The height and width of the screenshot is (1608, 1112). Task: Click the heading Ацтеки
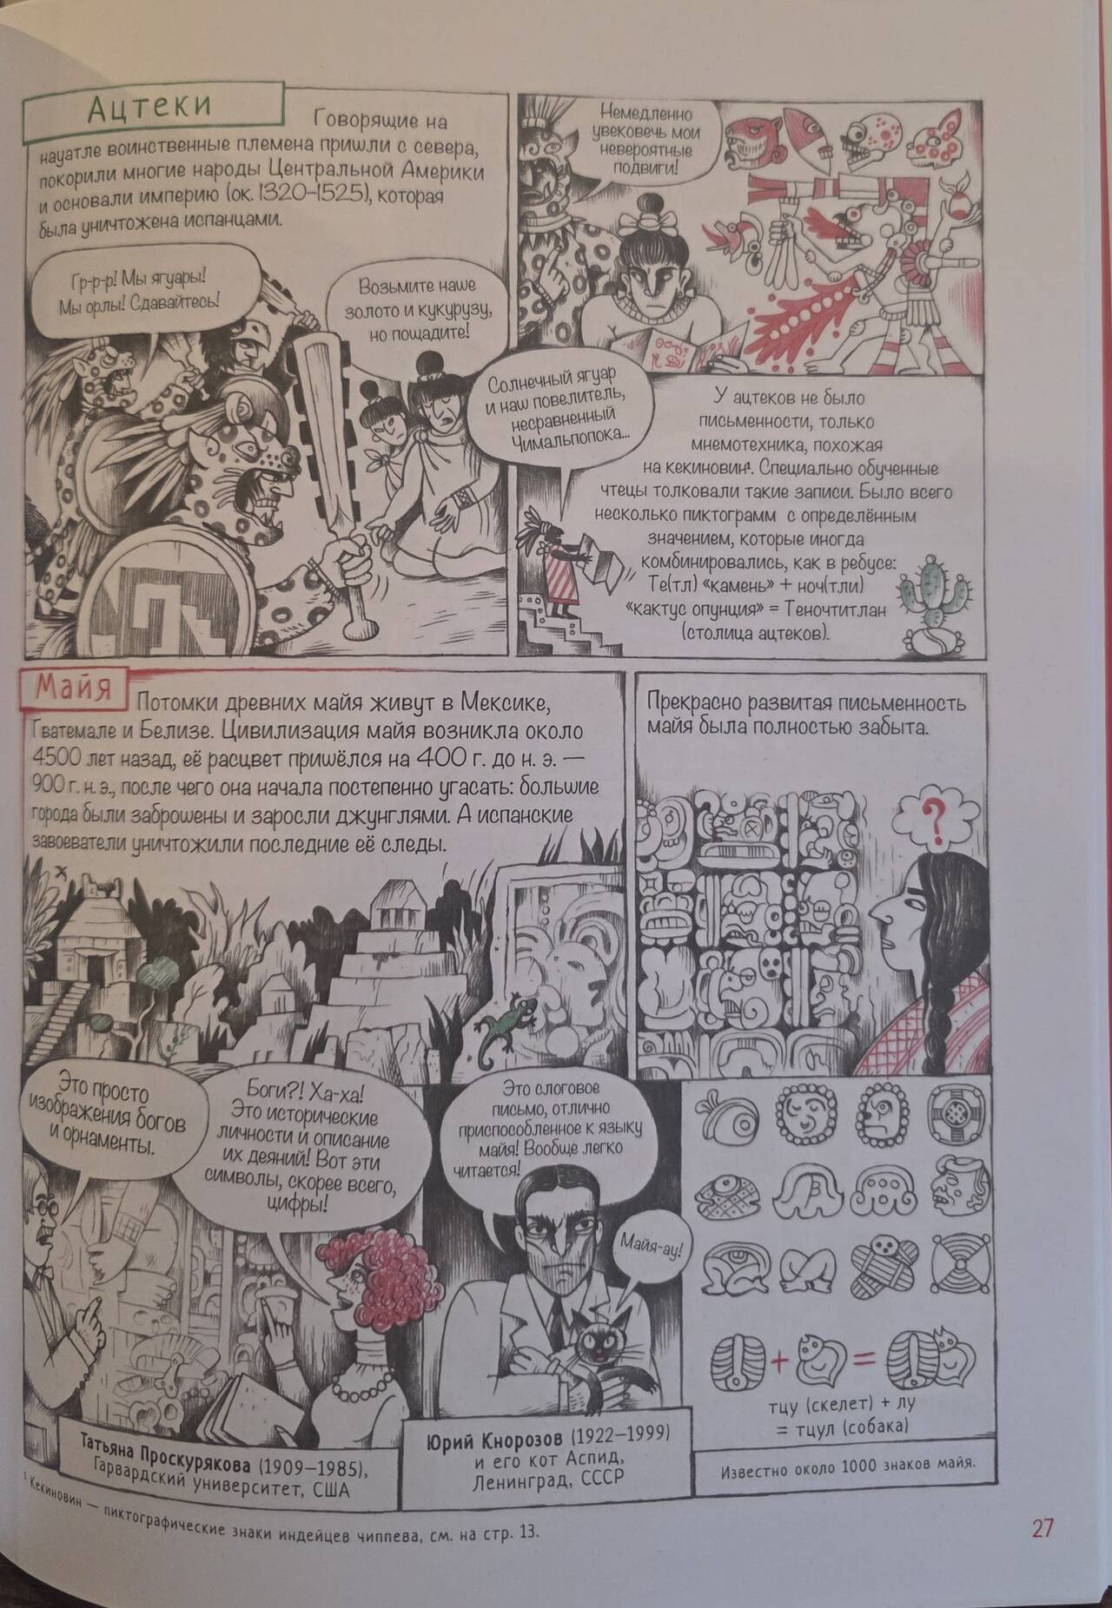pyautogui.click(x=151, y=109)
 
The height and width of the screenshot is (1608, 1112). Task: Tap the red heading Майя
pyautogui.click(x=73, y=689)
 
